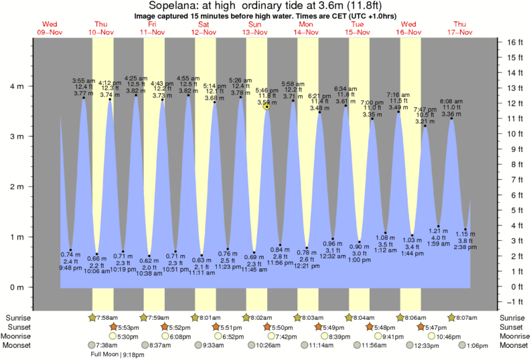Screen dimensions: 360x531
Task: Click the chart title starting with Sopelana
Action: pos(265,7)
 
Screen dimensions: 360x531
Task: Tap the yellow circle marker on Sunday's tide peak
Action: pos(267,106)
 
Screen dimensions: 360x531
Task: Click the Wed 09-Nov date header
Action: pos(50,28)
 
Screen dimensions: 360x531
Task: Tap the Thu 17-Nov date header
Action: pos(461,28)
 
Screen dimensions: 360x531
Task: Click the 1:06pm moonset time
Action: pos(480,345)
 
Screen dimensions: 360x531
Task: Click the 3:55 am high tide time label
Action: pos(84,80)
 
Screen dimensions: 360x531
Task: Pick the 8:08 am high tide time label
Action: pos(450,101)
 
